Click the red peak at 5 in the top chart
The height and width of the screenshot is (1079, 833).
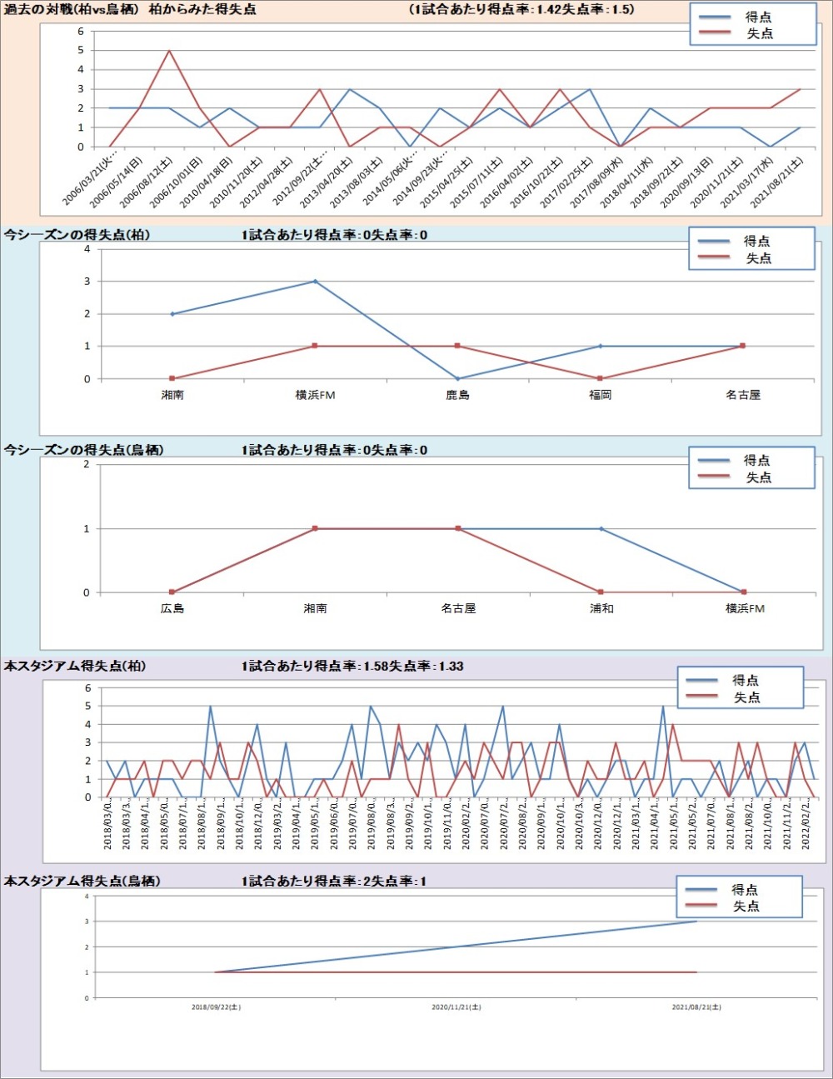[169, 51]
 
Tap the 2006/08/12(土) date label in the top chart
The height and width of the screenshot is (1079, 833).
[147, 182]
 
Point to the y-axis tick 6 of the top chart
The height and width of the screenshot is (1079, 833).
[81, 32]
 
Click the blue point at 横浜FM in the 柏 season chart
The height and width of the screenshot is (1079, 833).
[315, 282]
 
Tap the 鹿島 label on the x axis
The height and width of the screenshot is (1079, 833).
[457, 395]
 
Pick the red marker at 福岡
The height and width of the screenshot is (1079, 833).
[601, 378]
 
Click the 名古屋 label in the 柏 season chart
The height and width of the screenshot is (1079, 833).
[743, 395]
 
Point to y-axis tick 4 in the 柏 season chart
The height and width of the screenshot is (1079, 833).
[87, 249]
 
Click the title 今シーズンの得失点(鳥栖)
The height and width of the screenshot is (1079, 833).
[83, 450]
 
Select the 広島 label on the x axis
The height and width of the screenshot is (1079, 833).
[172, 609]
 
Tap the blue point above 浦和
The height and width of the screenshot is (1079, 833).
[601, 529]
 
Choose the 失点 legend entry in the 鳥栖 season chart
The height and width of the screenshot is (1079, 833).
[758, 477]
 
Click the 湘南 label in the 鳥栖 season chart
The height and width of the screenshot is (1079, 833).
[315, 609]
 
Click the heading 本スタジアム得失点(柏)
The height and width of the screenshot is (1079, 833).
[75, 666]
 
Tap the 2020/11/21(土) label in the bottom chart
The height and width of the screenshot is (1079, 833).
[456, 1007]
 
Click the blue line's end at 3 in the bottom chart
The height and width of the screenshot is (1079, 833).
[696, 922]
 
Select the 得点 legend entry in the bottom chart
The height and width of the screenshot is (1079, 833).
[745, 890]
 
